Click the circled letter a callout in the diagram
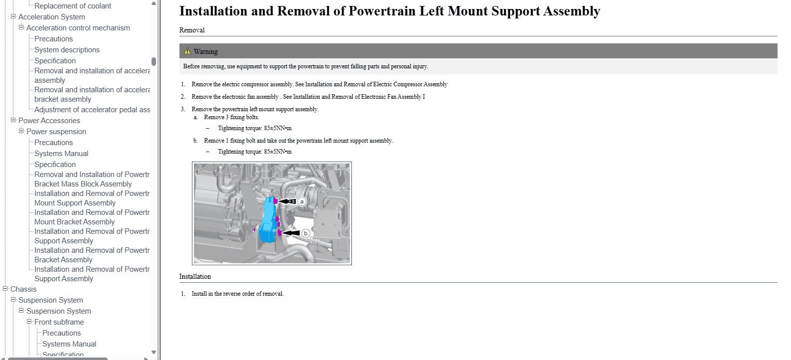[302, 201]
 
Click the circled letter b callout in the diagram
[306, 233]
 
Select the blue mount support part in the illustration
[269, 222]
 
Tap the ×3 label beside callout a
[292, 201]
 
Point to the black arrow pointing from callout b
[291, 233]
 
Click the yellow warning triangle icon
[187, 51]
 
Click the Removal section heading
[192, 30]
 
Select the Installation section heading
[195, 276]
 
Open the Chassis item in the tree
[23, 289]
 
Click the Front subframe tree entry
[59, 322]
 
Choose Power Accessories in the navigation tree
[49, 121]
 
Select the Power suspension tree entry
[56, 132]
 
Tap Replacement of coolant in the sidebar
[73, 6]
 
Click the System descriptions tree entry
[67, 50]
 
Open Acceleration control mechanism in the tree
[78, 28]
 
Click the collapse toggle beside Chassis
[5, 289]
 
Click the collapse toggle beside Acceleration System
[13, 16]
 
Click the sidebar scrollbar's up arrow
[154, 3]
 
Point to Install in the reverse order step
[237, 294]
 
